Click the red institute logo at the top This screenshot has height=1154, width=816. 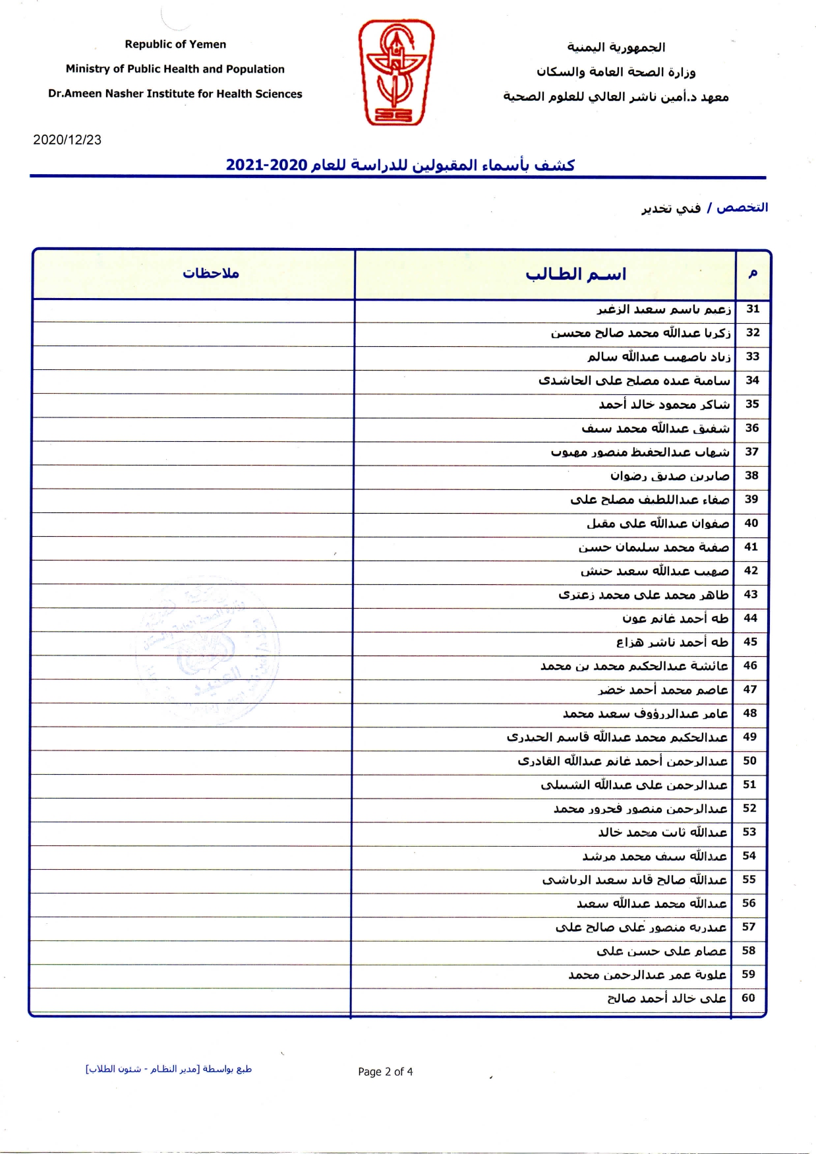pyautogui.click(x=396, y=72)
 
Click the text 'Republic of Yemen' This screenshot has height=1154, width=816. pyautogui.click(x=175, y=44)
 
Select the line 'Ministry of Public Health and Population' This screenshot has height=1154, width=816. pyautogui.click(x=175, y=69)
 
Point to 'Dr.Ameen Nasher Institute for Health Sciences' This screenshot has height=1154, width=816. pyautogui.click(x=175, y=94)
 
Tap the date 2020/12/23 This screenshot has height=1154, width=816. pyautogui.click(x=67, y=140)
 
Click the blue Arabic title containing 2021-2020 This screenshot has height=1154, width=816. pyautogui.click(x=400, y=165)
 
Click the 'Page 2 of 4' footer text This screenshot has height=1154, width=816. pyautogui.click(x=386, y=1072)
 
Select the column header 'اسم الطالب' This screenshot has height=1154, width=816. pyautogui.click(x=575, y=274)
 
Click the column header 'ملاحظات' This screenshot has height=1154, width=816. pyautogui.click(x=211, y=273)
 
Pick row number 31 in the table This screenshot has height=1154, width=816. pyautogui.click(x=753, y=309)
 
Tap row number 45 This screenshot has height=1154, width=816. pyautogui.click(x=751, y=642)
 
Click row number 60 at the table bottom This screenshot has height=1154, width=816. pyautogui.click(x=748, y=998)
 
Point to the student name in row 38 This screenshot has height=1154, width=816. pyautogui.click(x=670, y=475)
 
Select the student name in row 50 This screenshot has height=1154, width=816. pyautogui.click(x=622, y=761)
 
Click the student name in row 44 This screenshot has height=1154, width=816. pyautogui.click(x=676, y=618)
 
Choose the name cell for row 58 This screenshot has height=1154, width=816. pyautogui.click(x=661, y=950)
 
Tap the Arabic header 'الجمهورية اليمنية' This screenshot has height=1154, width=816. pyautogui.click(x=616, y=47)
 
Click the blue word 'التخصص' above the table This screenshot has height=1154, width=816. pyautogui.click(x=742, y=207)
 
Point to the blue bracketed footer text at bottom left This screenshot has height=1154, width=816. pyautogui.click(x=169, y=1069)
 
